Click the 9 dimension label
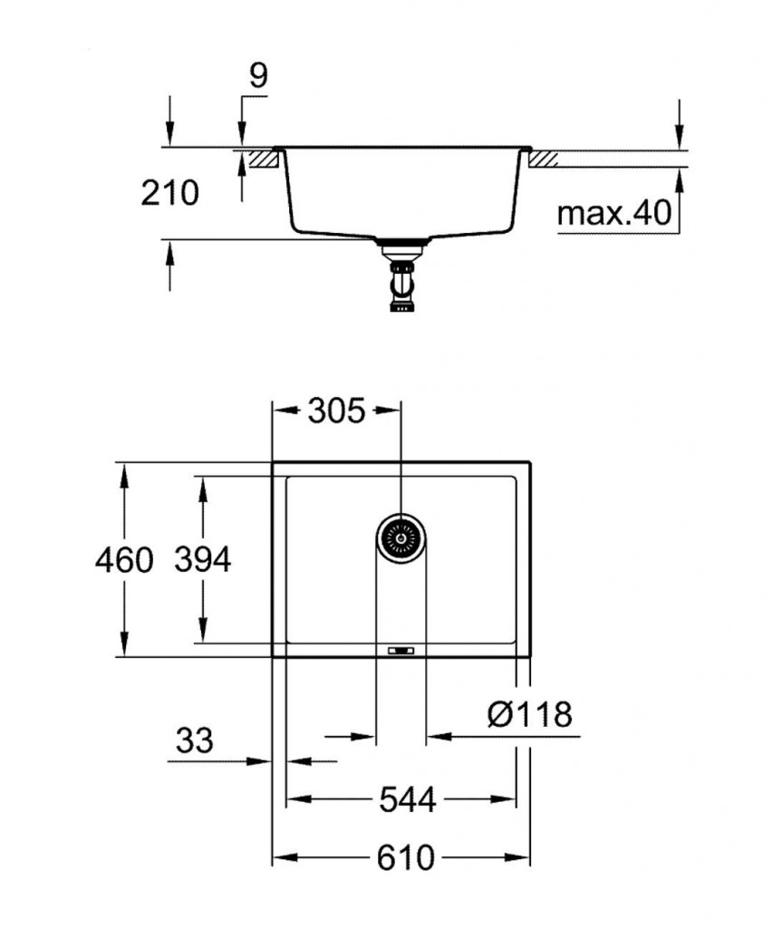coord(258,76)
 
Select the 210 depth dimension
coord(169,192)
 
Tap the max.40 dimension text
coord(613,214)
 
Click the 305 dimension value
coord(335,411)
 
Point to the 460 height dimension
coord(125,560)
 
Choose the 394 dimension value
coord(203,560)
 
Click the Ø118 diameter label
coord(530,715)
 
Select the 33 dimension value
coord(194,740)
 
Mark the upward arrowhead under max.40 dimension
coord(678,178)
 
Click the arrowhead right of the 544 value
coord(507,800)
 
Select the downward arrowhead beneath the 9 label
coord(241,137)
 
